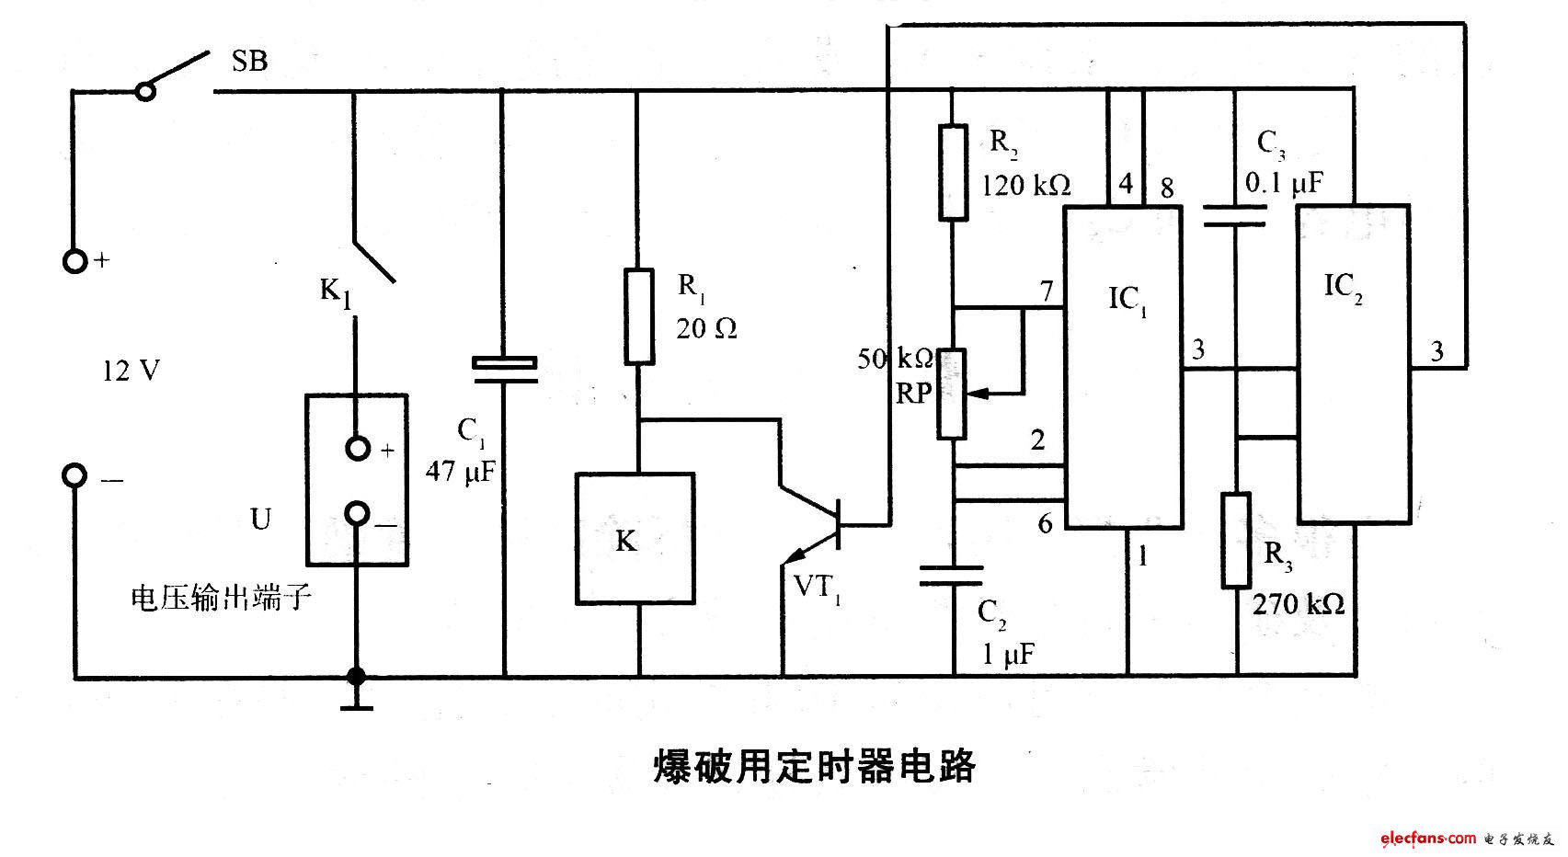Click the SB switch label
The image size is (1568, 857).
(x=249, y=62)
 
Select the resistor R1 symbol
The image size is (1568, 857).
(x=639, y=316)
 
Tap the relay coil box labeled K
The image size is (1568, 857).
(x=635, y=539)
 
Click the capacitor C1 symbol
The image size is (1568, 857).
(x=504, y=368)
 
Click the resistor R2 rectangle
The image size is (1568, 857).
(x=953, y=173)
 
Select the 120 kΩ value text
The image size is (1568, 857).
(x=1025, y=185)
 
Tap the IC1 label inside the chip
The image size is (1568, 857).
(x=1127, y=300)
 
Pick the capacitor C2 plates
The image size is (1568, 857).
(x=953, y=576)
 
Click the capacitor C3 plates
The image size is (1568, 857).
(x=1236, y=217)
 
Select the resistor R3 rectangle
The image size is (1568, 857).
(x=1236, y=540)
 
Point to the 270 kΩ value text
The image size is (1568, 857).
(x=1298, y=604)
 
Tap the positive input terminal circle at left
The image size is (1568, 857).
(x=75, y=261)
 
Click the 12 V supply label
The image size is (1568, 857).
(x=132, y=371)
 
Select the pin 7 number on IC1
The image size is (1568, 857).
(x=1046, y=291)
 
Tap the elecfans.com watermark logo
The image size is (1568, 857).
(x=1427, y=838)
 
